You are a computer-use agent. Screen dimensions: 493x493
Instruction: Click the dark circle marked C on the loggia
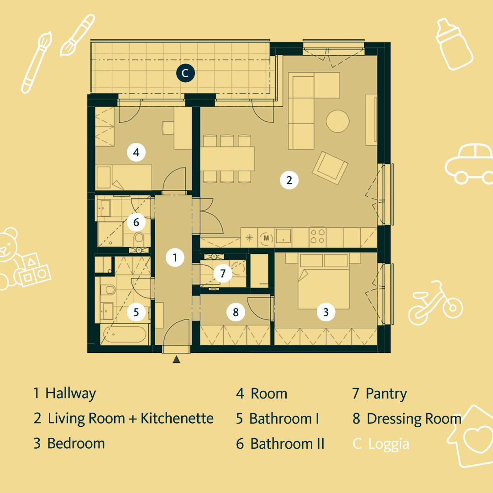186,73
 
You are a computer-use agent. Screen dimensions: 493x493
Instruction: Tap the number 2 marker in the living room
289,180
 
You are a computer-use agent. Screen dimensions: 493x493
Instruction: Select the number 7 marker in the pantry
223,273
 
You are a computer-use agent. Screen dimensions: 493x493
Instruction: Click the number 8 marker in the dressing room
236,312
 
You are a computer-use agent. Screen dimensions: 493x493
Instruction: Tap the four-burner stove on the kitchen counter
318,236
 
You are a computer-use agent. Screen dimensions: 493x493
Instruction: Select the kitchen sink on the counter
283,237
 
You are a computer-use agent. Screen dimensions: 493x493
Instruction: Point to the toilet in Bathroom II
139,238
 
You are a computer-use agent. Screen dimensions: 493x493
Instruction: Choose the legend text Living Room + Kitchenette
131,418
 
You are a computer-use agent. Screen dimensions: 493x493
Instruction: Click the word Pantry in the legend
386,393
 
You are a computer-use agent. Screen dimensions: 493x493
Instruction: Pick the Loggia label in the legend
388,444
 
